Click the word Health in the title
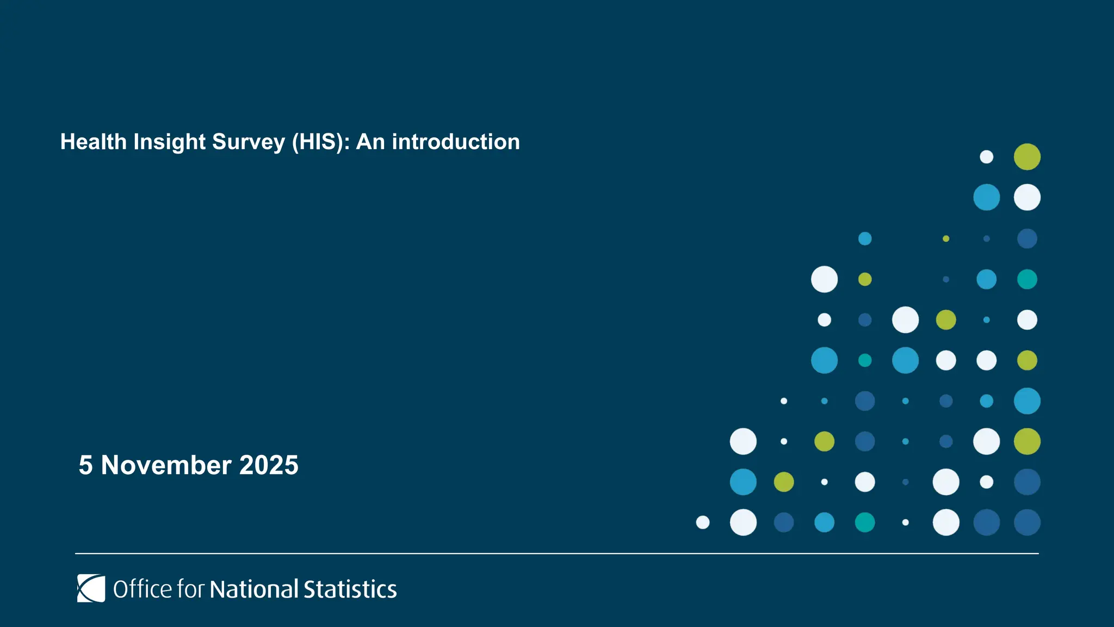tap(94, 142)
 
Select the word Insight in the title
tap(170, 143)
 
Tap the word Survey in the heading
tap(249, 143)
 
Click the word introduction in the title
tap(456, 142)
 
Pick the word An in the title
tap(370, 142)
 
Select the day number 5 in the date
tap(86, 465)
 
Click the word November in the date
tap(166, 465)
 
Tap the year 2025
tap(269, 465)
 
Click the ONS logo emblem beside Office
tap(91, 588)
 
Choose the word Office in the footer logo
tap(143, 589)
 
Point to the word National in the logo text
tap(253, 589)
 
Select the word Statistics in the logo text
tap(350, 589)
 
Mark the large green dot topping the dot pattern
tap(1027, 157)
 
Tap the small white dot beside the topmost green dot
tap(986, 157)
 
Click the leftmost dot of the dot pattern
tap(703, 522)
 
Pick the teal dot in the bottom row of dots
tap(865, 522)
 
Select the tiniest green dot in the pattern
tap(946, 238)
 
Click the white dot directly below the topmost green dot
tap(1027, 197)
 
